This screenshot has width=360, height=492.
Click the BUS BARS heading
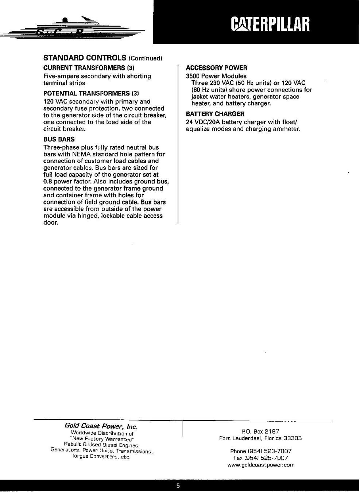click(59, 139)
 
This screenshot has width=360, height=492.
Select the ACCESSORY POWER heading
click(216, 68)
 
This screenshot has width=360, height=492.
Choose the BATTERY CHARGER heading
click(215, 114)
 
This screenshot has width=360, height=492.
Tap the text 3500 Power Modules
click(216, 76)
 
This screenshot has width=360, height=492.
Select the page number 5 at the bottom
click(178, 486)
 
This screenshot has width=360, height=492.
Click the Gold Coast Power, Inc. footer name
click(101, 426)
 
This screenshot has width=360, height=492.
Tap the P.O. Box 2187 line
click(260, 431)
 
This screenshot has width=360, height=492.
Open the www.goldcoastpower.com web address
click(260, 465)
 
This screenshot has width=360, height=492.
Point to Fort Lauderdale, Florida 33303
click(260, 438)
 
